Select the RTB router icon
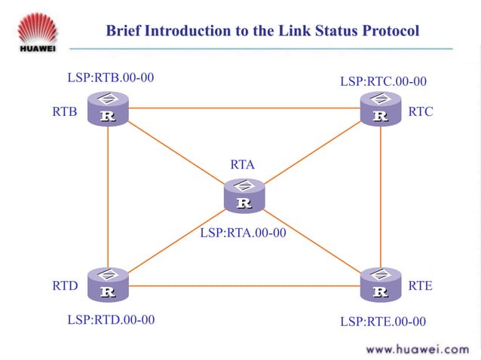(x=108, y=108)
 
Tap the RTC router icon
(x=381, y=108)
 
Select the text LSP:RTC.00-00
(x=383, y=81)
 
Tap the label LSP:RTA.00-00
(x=243, y=233)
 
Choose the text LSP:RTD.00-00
(x=111, y=319)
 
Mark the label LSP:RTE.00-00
(x=383, y=322)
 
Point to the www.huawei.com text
(x=417, y=349)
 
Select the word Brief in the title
(x=123, y=31)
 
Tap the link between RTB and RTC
(x=244, y=108)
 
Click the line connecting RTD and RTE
(x=244, y=285)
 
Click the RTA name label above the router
(x=243, y=164)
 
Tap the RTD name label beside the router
(x=65, y=286)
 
